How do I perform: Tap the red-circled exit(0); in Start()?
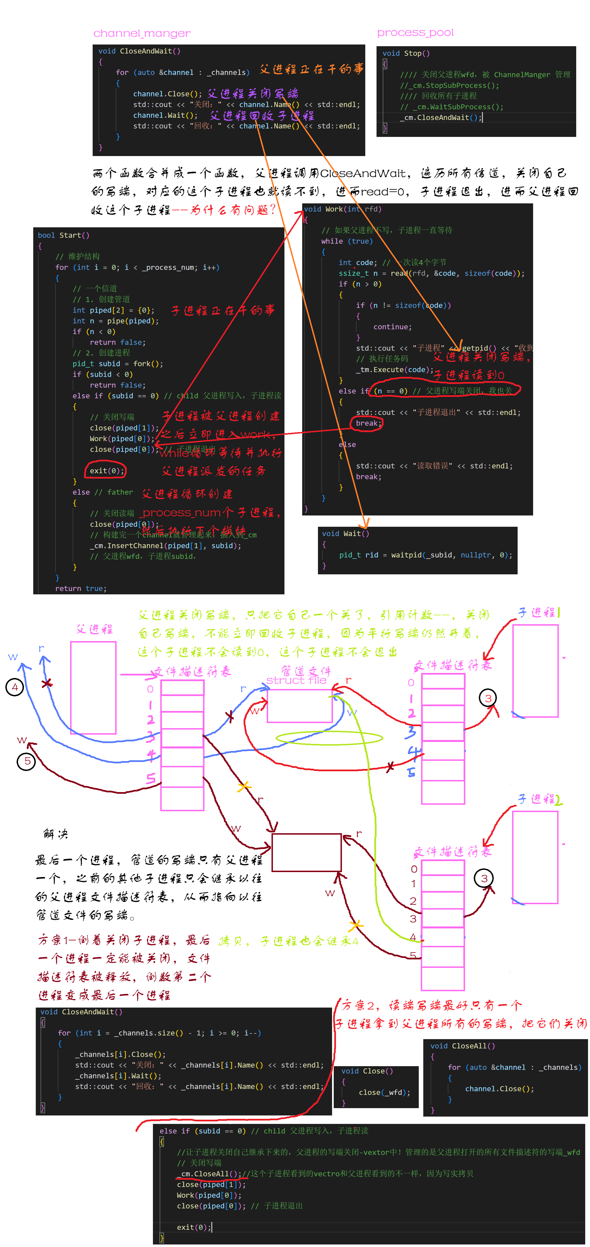coord(106,470)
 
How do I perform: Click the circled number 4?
coord(15,687)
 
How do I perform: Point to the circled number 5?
coord(27,761)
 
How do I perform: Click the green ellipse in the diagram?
coord(329,738)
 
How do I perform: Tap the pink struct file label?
coord(296,680)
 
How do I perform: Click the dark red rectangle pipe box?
coord(306,852)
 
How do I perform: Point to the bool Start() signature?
coord(63,235)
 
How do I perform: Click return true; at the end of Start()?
coord(80,588)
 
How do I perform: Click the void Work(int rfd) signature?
coord(342,209)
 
